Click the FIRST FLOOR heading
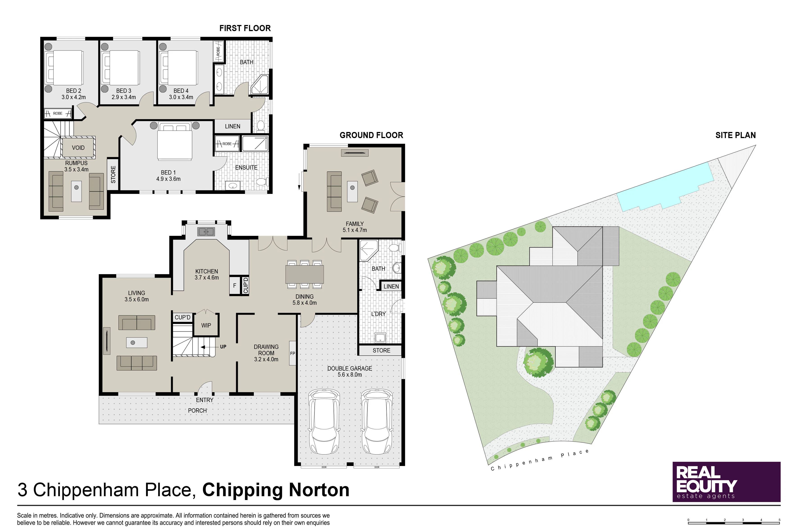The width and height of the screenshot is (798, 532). point(245,28)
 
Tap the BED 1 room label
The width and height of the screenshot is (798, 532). point(168,173)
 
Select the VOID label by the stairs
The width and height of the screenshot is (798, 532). point(78,148)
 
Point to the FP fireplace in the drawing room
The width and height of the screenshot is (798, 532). point(292,353)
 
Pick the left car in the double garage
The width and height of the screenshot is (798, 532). point(324,421)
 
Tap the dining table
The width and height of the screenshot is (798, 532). point(304,274)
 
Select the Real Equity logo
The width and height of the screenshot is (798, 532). point(726,482)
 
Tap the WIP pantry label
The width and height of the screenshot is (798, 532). point(206,325)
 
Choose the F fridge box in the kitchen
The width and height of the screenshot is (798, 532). point(234,285)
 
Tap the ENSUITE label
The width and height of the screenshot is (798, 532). point(246,168)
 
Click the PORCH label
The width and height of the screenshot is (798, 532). point(198,411)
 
